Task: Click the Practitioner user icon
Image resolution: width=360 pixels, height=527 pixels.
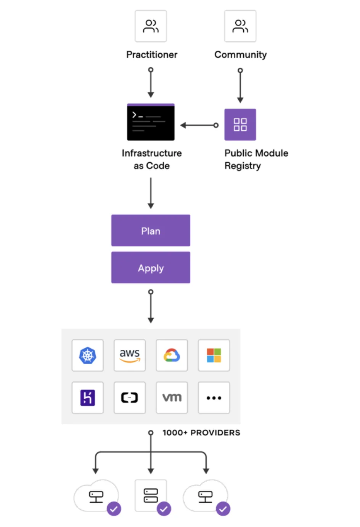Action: coord(151,26)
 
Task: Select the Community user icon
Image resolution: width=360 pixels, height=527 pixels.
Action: coord(240,26)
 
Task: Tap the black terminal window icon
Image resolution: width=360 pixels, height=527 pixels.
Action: coord(151,122)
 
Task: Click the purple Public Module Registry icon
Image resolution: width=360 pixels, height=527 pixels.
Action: coord(240,125)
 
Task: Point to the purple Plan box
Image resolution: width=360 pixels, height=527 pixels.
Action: coord(151,231)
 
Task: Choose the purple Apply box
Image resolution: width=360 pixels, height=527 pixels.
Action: coord(151,268)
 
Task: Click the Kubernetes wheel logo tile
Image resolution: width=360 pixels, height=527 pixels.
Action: coord(88,356)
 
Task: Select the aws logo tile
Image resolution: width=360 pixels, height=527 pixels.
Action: coord(130,356)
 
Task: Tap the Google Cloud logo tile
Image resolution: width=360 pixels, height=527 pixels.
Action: coord(172,356)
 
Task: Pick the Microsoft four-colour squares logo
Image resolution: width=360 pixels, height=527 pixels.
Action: coord(214,356)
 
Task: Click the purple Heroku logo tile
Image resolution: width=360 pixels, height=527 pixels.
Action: coord(88,398)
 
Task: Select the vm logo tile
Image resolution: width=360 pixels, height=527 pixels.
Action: coord(172,398)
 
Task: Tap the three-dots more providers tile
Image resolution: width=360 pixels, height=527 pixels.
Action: coord(214,398)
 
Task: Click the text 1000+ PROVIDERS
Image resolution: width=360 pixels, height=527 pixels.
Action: coord(201,433)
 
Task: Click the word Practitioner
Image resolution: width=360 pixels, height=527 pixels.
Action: coord(152,55)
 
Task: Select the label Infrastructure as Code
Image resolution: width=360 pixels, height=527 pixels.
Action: coord(152,159)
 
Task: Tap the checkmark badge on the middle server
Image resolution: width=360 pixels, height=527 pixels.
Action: coord(164,509)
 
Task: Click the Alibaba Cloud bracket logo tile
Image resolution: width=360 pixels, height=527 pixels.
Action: coord(130,398)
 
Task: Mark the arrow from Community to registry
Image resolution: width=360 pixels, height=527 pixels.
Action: coord(240,86)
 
